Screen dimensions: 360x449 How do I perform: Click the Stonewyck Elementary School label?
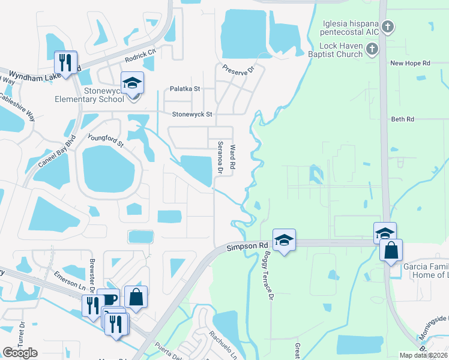coord(89,95)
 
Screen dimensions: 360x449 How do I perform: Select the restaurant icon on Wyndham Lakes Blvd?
coord(65,61)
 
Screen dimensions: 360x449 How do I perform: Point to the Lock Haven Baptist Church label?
coord(342,50)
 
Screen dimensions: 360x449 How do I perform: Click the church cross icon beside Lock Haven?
coord(372,49)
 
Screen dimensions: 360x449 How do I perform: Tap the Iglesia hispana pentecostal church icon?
coord(388,26)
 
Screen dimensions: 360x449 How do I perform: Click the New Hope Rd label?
coord(410,63)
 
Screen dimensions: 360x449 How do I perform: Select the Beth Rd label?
coord(402,119)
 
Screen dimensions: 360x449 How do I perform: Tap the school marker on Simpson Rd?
coord(284,240)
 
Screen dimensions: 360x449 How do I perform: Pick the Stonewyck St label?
coord(192,113)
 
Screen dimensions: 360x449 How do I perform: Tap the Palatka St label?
coord(184,88)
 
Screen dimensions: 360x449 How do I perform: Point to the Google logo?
coord(20,353)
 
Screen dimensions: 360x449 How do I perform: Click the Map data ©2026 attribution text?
coord(423,355)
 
